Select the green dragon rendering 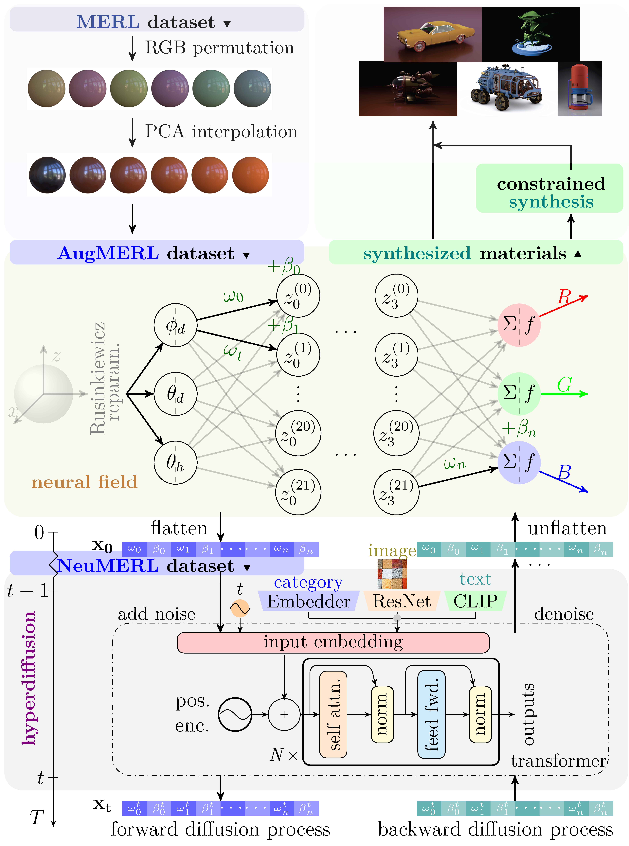pyautogui.click(x=531, y=34)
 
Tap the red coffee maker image pyautogui.click(x=580, y=88)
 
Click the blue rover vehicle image pyautogui.click(x=506, y=88)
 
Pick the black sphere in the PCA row pyautogui.click(x=47, y=175)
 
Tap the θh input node pyautogui.click(x=175, y=463)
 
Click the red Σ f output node pyautogui.click(x=519, y=325)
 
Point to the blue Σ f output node pyautogui.click(x=519, y=462)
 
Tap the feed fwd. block pyautogui.click(x=431, y=714)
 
